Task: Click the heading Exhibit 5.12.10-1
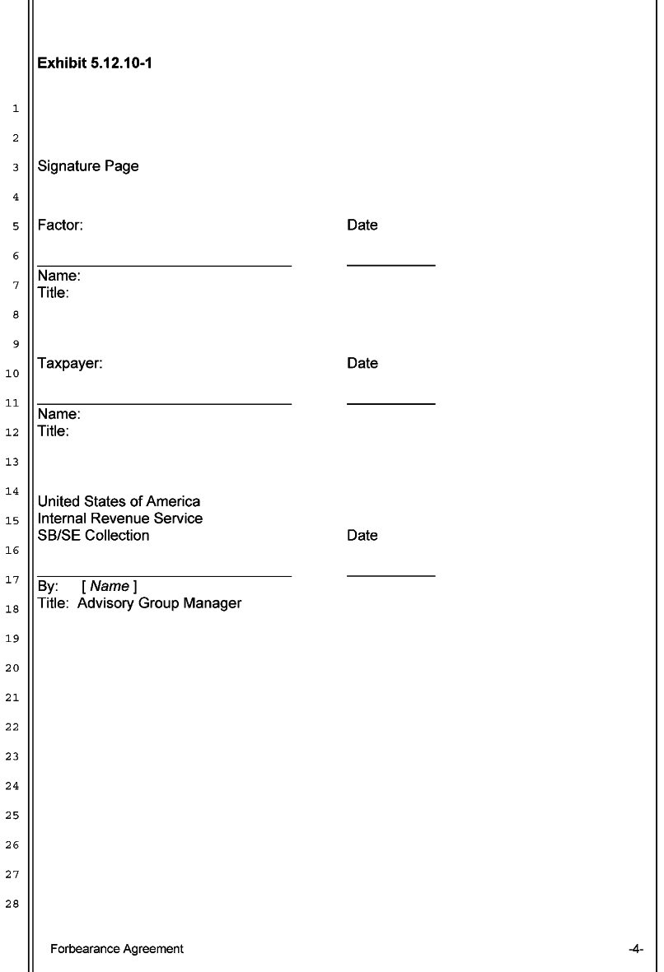(94, 63)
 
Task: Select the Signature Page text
(88, 166)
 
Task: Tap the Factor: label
(60, 225)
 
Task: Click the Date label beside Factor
(362, 225)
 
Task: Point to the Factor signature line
(165, 266)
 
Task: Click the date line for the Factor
(390, 265)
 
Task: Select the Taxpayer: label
(70, 363)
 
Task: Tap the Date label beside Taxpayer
(362, 363)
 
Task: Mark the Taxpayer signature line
(165, 404)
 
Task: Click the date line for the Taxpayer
(390, 403)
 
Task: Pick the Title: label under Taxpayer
(54, 430)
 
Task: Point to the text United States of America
(119, 501)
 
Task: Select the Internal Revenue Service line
(120, 519)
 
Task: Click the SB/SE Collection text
(94, 535)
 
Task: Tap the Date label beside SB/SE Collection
(362, 535)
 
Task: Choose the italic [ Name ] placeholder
(110, 586)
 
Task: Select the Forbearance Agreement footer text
(117, 949)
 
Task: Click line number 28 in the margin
(12, 905)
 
